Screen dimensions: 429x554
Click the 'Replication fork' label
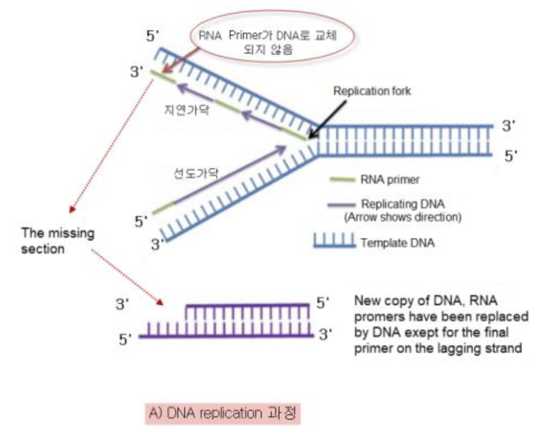click(x=372, y=91)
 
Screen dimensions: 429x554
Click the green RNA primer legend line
click(x=343, y=180)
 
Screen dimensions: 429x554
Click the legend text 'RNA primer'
click(x=390, y=180)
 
